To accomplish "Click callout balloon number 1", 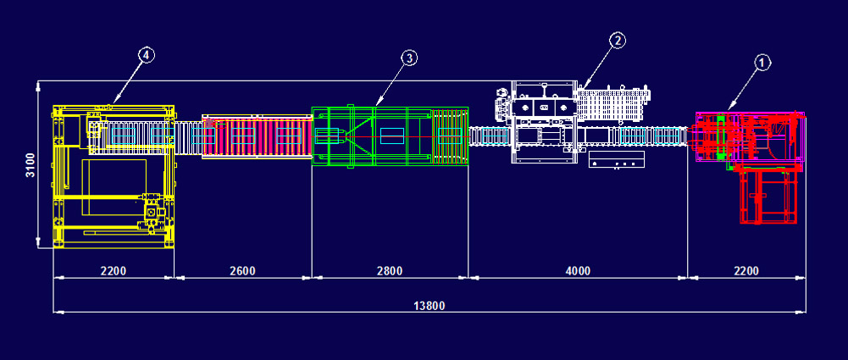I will pyautogui.click(x=762, y=62).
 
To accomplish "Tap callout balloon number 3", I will pyautogui.click(x=409, y=58).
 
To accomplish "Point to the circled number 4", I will pyautogui.click(x=146, y=55).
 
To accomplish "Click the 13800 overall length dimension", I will pyautogui.click(x=429, y=305).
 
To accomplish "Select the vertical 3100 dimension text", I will pyautogui.click(x=30, y=165).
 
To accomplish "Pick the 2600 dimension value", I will pyautogui.click(x=242, y=271).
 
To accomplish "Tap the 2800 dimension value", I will pyautogui.click(x=390, y=271).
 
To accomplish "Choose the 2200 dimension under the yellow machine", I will pyautogui.click(x=114, y=271).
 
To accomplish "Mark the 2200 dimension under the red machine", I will pyautogui.click(x=745, y=271).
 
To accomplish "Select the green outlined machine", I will pyautogui.click(x=390, y=136).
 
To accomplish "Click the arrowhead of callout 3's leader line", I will pyautogui.click(x=374, y=107).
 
